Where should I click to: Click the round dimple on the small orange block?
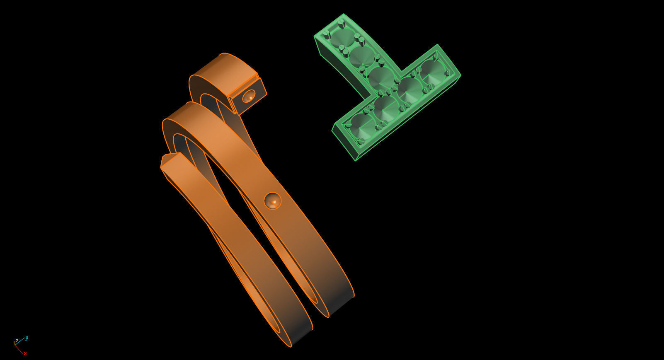tap(249, 96)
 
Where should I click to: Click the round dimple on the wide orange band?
tap(272, 201)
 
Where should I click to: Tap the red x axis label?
tap(25, 353)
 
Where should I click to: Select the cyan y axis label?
tap(27, 338)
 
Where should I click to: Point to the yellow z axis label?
tap(16, 341)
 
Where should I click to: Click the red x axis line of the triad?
tap(19, 349)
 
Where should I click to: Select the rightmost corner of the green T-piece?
tap(460, 75)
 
